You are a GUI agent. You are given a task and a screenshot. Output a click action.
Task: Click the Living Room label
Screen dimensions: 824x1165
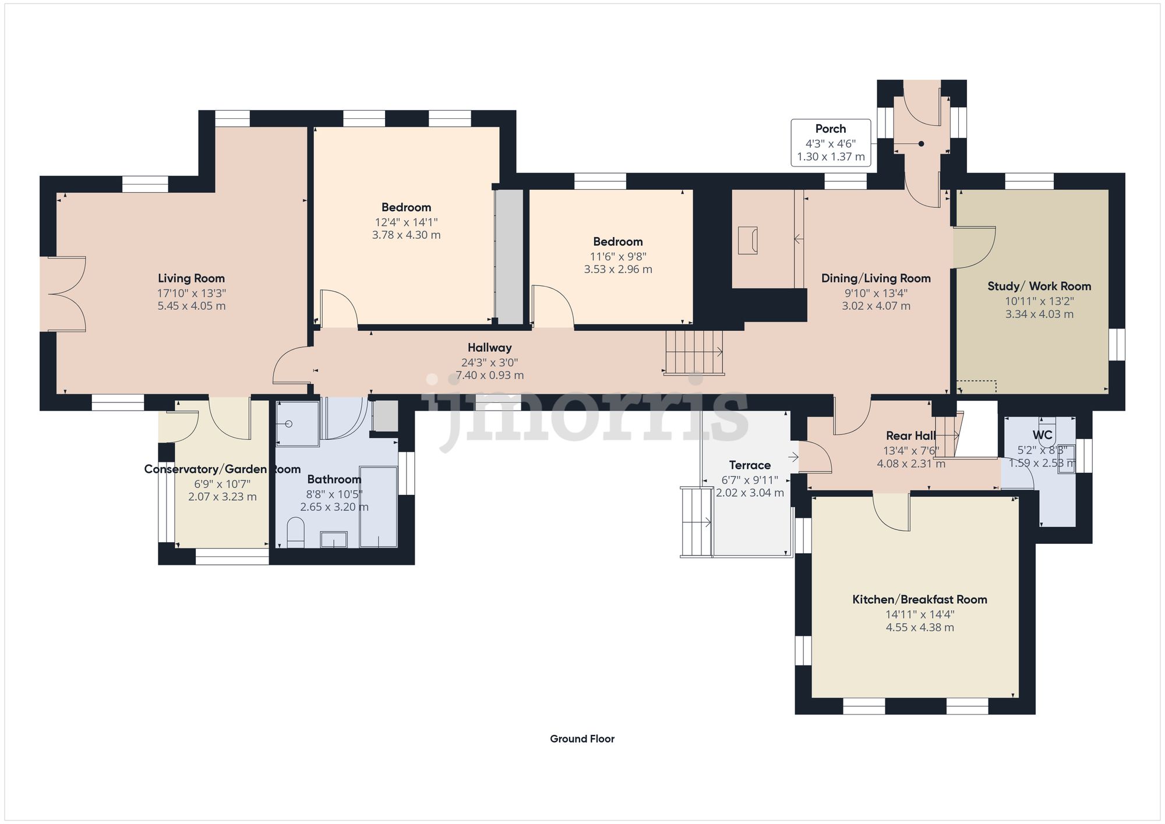pyautogui.click(x=191, y=278)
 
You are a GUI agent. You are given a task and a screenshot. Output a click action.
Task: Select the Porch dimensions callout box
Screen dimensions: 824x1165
pyautogui.click(x=831, y=143)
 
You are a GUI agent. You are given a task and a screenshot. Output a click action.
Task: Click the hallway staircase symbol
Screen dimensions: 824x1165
pyautogui.click(x=694, y=352)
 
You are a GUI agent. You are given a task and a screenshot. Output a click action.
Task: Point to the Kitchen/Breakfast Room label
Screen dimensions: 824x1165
pyautogui.click(x=919, y=599)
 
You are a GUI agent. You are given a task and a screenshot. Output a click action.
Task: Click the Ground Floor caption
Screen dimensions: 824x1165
pyautogui.click(x=582, y=739)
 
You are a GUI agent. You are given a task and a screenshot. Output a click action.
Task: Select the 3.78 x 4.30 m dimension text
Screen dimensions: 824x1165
pyautogui.click(x=406, y=235)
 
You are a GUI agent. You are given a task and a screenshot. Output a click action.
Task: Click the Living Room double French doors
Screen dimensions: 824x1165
pyautogui.click(x=65, y=294)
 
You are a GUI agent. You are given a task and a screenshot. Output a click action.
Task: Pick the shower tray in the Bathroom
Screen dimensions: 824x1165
pyautogui.click(x=297, y=423)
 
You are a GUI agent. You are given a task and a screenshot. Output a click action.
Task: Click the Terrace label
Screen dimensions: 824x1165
pyautogui.click(x=750, y=465)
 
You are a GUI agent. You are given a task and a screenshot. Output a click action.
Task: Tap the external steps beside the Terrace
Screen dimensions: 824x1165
pyautogui.click(x=696, y=522)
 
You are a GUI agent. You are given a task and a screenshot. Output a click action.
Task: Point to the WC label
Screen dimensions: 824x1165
pyautogui.click(x=1042, y=435)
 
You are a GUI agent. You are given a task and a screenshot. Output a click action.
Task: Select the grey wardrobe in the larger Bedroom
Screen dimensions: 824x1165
pyautogui.click(x=509, y=257)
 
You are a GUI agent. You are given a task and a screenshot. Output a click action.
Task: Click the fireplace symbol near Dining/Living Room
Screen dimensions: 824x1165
pyautogui.click(x=748, y=241)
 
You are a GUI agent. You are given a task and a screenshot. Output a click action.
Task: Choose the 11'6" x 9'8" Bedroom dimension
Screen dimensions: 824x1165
pyautogui.click(x=618, y=256)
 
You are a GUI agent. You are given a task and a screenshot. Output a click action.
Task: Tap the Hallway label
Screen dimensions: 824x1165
pyautogui.click(x=489, y=348)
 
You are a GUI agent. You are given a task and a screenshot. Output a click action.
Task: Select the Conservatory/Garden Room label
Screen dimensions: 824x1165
pyautogui.click(x=222, y=469)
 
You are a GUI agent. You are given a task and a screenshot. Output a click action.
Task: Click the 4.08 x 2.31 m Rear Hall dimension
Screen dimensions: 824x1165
pyautogui.click(x=911, y=464)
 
